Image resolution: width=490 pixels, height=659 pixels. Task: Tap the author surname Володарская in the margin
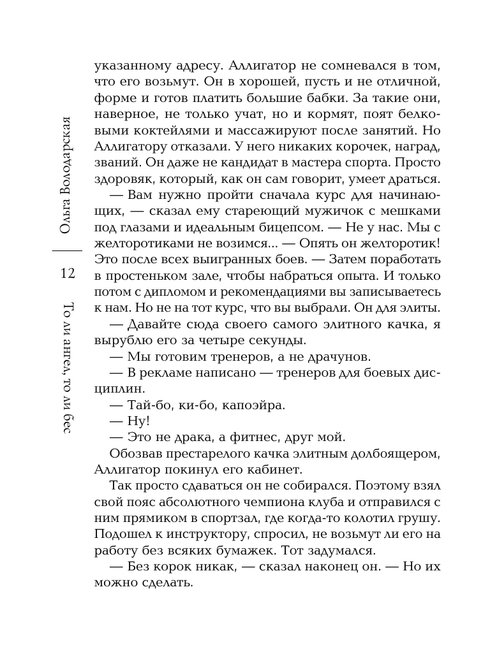click(x=66, y=154)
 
